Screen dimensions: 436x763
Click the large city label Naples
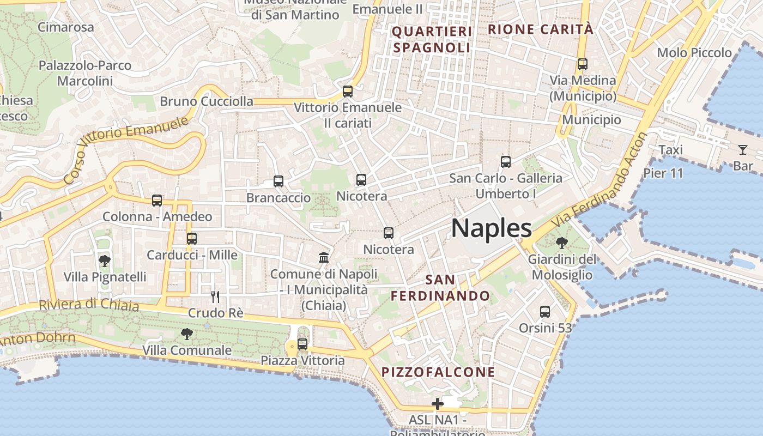coord(491,228)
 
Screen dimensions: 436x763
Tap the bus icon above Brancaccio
coord(278,181)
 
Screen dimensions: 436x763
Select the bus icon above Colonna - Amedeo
coord(157,201)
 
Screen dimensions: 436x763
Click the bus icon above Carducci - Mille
coord(191,239)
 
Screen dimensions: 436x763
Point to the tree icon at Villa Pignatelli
coord(104,261)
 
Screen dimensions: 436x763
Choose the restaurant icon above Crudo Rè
coord(215,297)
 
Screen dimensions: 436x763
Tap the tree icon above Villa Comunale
coord(187,334)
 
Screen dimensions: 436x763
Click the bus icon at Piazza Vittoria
coord(302,344)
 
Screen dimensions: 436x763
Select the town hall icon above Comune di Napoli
coord(324,257)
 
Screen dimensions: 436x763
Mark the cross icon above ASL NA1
coord(437,404)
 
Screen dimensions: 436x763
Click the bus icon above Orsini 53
coord(545,312)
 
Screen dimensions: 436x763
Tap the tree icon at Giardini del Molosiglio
coord(562,243)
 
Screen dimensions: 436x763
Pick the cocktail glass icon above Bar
coord(743,149)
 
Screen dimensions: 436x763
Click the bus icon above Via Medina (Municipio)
coord(583,64)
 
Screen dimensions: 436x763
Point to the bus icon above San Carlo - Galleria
coord(506,162)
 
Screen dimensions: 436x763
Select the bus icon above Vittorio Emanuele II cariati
coord(348,92)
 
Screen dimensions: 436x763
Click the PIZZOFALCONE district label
coord(438,372)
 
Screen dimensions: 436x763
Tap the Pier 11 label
coord(663,173)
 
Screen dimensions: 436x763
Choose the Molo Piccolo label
coord(694,53)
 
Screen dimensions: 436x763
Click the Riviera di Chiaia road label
coord(89,305)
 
